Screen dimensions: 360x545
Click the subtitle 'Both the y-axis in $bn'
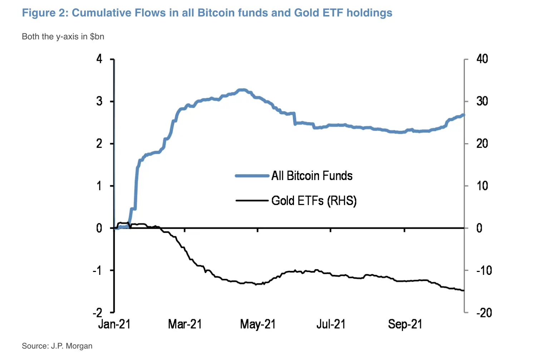click(x=63, y=37)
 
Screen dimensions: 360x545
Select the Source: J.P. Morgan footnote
click(x=57, y=346)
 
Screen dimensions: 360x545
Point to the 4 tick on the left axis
click(x=99, y=59)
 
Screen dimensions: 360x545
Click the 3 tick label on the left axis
click(x=99, y=101)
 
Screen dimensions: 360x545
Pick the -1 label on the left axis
click(x=97, y=270)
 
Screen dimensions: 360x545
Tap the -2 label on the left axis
click(x=97, y=312)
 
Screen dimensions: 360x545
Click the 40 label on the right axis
click(x=482, y=59)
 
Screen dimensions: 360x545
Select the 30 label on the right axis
click(x=482, y=101)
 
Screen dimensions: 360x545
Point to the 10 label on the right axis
click(x=482, y=186)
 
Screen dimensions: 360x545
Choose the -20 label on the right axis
click(x=484, y=313)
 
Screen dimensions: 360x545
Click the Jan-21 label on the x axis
click(x=114, y=324)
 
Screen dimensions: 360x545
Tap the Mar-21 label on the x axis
click(x=185, y=324)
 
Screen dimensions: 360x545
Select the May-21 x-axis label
click(x=258, y=324)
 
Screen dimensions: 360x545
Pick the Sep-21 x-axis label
click(x=405, y=324)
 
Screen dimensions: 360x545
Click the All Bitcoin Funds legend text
click(x=312, y=176)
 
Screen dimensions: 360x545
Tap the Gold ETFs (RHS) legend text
click(x=314, y=201)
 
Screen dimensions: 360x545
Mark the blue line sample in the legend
click(x=252, y=176)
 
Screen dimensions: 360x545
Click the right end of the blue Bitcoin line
click(x=463, y=115)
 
